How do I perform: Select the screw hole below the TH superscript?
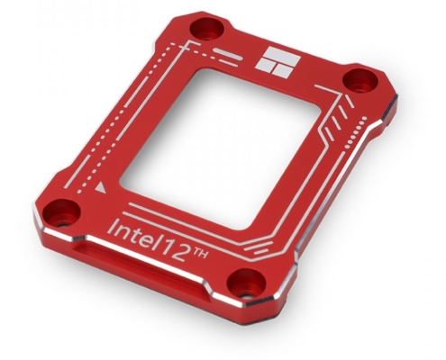[242, 289]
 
